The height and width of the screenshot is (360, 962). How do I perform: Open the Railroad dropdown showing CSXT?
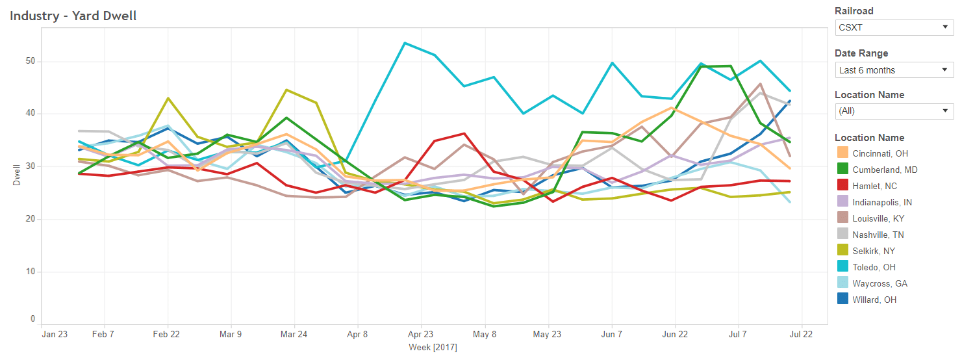point(894,27)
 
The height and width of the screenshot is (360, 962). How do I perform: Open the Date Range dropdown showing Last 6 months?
point(894,70)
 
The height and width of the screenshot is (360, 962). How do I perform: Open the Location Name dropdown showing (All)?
point(894,111)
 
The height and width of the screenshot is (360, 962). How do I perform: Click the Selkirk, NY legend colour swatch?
point(842,251)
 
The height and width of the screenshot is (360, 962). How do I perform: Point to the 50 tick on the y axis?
point(31,62)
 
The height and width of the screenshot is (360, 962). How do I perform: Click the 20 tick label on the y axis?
point(31,219)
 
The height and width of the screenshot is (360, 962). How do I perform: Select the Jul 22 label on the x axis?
point(801,334)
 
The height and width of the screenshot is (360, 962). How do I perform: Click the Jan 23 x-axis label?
point(54,334)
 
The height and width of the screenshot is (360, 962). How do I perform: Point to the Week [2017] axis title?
point(433,348)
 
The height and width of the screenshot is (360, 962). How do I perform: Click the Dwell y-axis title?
point(16,175)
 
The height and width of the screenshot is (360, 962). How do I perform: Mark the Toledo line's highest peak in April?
point(404,43)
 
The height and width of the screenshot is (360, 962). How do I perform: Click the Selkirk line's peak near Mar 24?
point(286,90)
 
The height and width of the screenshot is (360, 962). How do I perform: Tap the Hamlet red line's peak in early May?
point(464,133)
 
